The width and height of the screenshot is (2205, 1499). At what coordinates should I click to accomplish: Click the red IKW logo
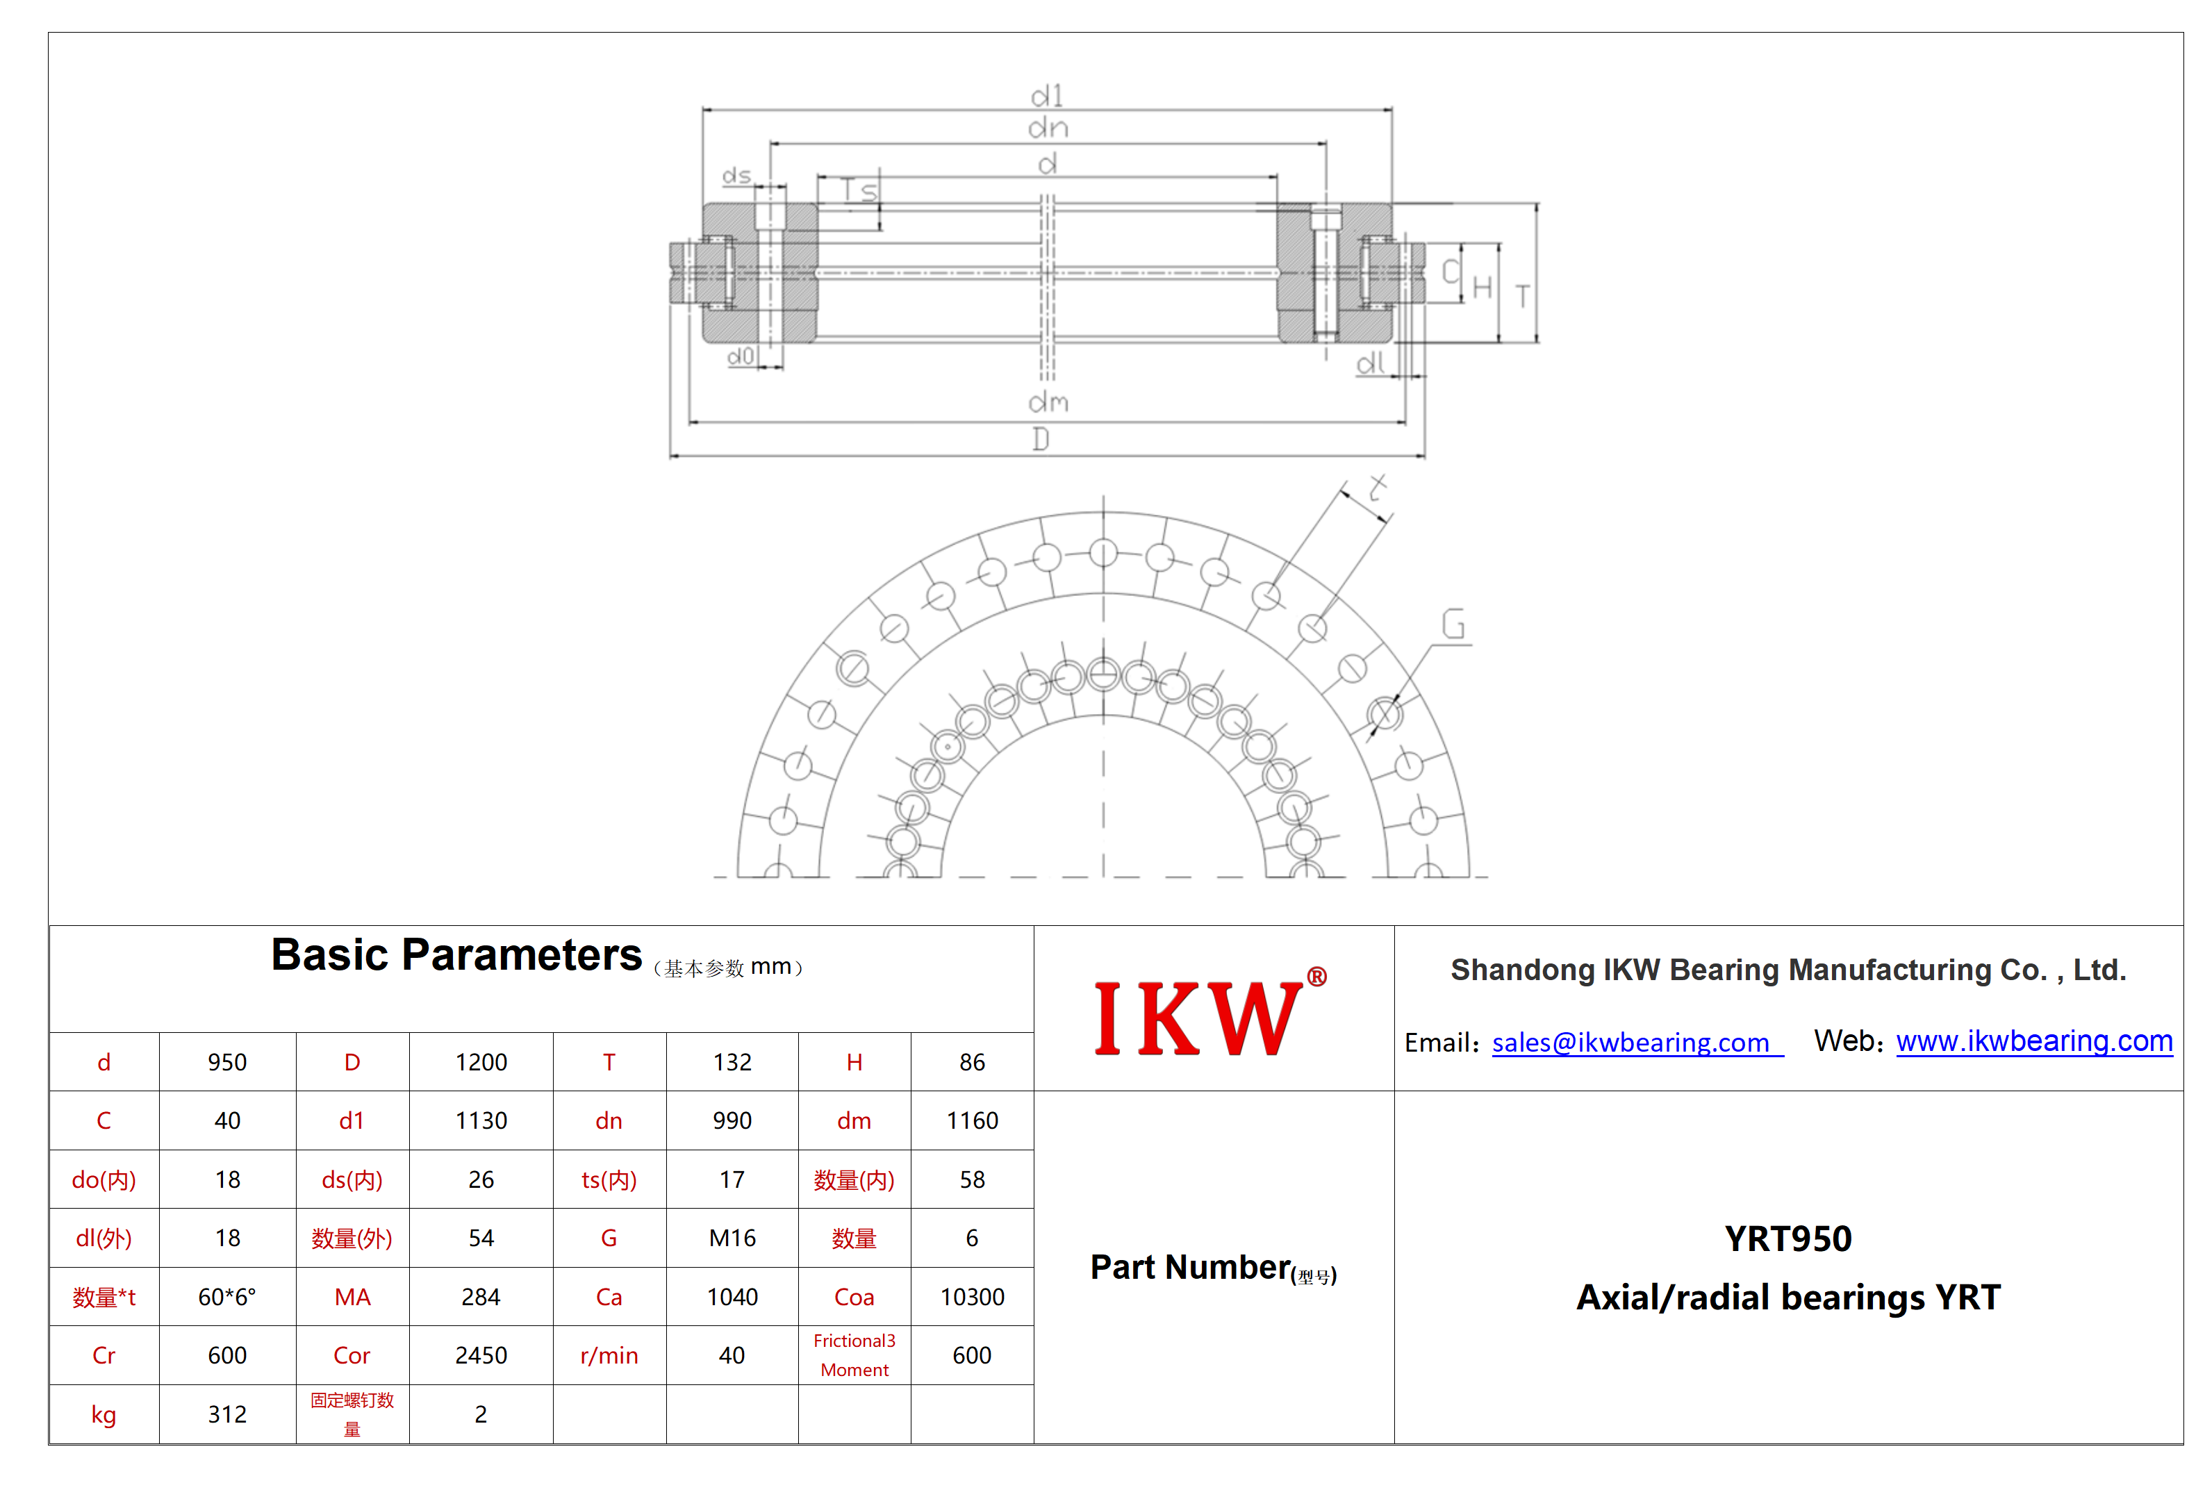[1209, 1014]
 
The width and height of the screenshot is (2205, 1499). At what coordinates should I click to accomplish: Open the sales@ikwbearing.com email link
[1637, 1043]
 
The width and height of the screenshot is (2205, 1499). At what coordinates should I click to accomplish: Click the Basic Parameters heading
[456, 954]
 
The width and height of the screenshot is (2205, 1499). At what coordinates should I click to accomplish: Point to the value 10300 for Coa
[972, 1297]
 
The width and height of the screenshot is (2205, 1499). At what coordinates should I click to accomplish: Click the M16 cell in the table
[732, 1238]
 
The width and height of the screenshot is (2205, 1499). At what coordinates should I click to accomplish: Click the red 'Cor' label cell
[352, 1356]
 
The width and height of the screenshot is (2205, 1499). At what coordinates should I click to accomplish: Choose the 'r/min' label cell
[609, 1356]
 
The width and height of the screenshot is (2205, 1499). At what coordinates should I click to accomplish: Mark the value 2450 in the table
[481, 1356]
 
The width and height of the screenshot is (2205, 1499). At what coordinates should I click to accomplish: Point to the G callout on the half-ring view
[1453, 624]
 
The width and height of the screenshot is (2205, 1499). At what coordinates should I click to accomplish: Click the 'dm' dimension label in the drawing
[1048, 402]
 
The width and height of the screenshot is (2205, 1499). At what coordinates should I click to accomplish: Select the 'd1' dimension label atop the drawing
[1048, 96]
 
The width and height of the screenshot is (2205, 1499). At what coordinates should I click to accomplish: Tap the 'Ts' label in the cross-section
[859, 191]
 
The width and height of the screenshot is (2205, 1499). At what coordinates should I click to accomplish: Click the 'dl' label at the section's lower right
[1370, 363]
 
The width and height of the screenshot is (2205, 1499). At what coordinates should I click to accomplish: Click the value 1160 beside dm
[972, 1120]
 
